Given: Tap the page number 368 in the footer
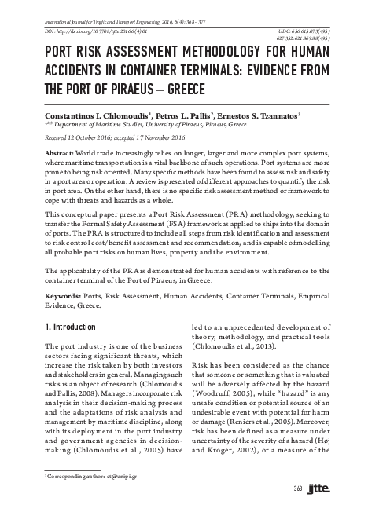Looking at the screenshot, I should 298,512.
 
